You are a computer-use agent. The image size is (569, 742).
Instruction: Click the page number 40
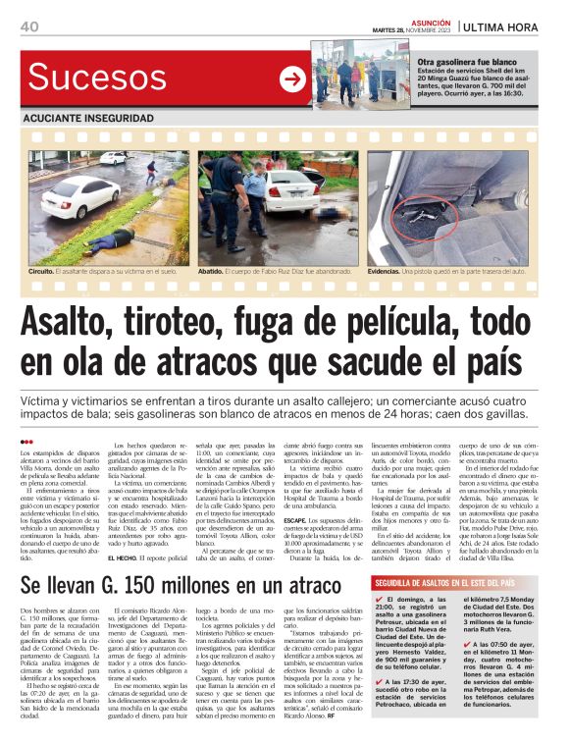point(28,27)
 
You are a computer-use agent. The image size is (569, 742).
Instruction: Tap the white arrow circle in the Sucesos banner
point(292,79)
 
